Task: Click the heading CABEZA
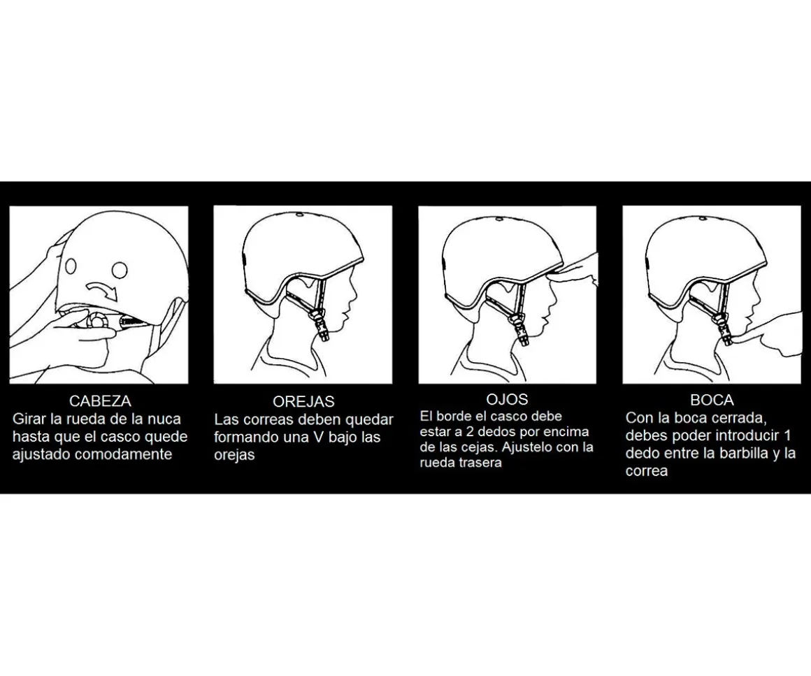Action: [x=100, y=401]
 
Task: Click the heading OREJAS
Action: [x=303, y=401]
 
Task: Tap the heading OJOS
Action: [x=507, y=399]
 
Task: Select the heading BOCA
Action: [x=712, y=400]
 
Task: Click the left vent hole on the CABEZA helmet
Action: [x=71, y=266]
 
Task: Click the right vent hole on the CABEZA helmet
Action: [x=120, y=269]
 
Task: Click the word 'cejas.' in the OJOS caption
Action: [x=480, y=447]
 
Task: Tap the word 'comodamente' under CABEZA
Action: [x=124, y=454]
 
